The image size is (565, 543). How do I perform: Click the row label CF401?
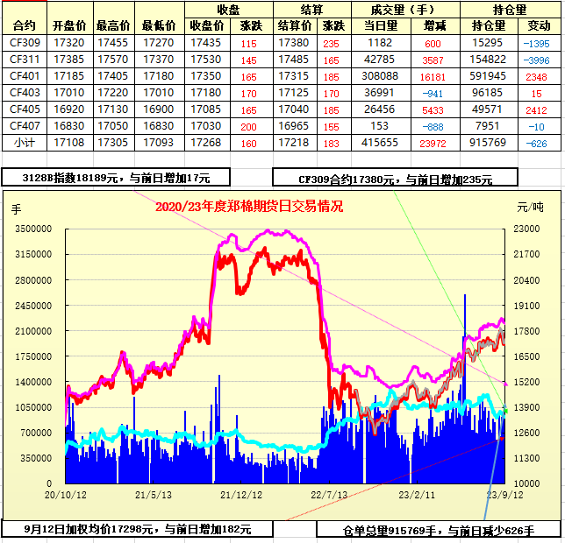tap(25, 76)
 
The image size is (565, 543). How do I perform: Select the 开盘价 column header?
tap(68, 25)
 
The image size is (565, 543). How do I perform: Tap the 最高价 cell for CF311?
tap(113, 60)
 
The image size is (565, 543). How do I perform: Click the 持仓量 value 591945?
tap(489, 76)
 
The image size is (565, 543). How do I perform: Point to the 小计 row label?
tap(25, 143)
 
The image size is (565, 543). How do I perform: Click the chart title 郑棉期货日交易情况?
tap(249, 207)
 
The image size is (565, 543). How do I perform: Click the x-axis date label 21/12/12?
tap(240, 496)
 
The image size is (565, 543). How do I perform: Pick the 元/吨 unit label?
tap(530, 208)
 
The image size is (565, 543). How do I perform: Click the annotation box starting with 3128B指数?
tap(116, 177)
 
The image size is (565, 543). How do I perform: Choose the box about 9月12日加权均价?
tap(137, 529)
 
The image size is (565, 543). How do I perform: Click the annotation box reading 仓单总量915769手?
tap(439, 530)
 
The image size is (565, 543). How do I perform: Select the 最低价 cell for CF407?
tap(158, 126)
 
